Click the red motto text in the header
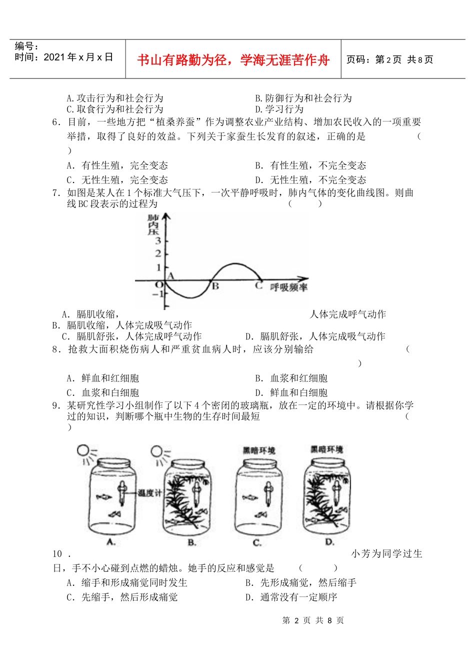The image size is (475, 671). tap(233, 60)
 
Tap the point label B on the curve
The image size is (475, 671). tap(215, 286)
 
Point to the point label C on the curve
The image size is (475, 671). tap(258, 286)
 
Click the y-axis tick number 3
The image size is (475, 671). tap(158, 241)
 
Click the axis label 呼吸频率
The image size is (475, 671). tap(289, 287)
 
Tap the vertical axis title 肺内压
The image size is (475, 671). tap(152, 224)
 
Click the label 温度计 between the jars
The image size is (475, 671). tap(150, 493)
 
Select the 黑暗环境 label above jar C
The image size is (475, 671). tap(259, 450)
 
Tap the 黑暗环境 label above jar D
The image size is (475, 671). tap(326, 449)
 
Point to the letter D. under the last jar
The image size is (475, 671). tap(329, 542)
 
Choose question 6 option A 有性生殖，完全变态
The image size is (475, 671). tap(118, 165)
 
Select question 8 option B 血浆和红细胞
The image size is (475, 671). tap(291, 378)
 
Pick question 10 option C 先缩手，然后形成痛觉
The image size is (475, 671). tap(122, 597)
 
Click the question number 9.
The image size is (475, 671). tap(56, 405)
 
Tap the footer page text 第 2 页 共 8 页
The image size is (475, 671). tap(313, 620)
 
